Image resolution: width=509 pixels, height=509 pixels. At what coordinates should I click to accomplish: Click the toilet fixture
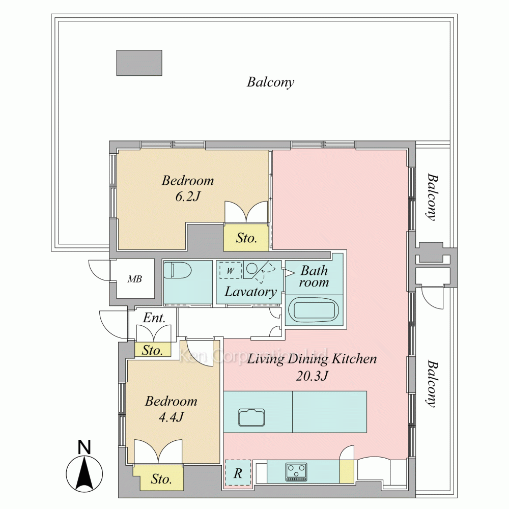(x=177, y=270)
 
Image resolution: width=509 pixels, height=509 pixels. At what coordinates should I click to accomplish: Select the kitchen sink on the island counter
(x=251, y=417)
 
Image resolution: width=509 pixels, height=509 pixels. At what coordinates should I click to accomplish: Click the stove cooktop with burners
(x=296, y=472)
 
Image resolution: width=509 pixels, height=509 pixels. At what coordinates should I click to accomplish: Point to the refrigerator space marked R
(x=238, y=473)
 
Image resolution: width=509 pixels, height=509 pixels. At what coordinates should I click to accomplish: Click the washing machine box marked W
(x=231, y=270)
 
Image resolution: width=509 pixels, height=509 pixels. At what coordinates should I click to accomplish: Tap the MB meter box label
(x=134, y=279)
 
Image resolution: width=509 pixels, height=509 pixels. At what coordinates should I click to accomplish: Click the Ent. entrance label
(x=154, y=318)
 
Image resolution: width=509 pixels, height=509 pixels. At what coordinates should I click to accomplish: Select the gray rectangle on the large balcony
(x=139, y=63)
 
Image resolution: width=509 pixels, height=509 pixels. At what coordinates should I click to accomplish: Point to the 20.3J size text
(x=312, y=376)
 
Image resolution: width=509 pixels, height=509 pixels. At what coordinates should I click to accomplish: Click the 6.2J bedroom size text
(x=188, y=196)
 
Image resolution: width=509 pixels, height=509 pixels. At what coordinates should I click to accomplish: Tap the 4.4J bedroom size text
(x=171, y=417)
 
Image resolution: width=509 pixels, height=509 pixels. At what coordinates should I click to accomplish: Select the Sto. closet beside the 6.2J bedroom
(x=246, y=237)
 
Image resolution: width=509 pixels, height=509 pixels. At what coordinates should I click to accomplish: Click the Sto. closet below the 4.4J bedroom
(x=161, y=478)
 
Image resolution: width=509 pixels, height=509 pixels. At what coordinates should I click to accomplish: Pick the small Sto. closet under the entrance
(x=153, y=350)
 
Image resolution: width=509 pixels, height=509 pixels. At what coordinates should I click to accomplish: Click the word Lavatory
(x=250, y=292)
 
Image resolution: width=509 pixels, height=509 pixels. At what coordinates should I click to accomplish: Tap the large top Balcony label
(x=270, y=82)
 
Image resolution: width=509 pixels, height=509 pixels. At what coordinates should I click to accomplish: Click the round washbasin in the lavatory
(x=251, y=268)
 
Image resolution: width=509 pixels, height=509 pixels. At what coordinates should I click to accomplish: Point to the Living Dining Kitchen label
(x=312, y=359)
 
